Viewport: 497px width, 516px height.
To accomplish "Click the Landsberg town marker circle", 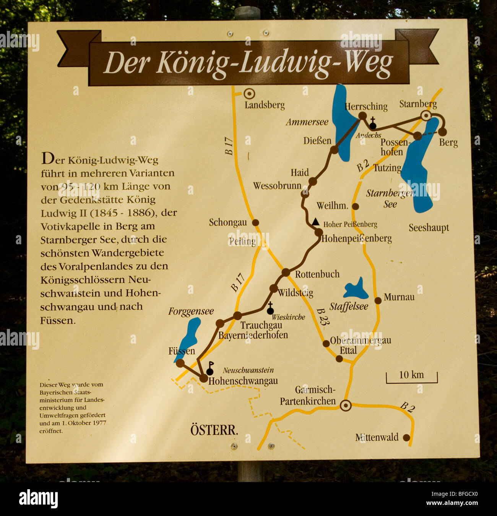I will pos(249,93).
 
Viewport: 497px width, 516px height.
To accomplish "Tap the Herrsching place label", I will pos(366,106).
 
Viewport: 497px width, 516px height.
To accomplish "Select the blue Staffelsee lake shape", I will pos(356,289).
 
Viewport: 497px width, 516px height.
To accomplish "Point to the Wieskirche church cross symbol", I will pos(270,308).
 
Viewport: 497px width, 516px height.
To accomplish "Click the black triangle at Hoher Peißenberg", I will pos(315,222).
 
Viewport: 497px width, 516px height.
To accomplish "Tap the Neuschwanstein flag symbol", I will pos(210,368).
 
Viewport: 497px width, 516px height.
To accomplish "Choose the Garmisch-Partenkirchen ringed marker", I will pos(346,406).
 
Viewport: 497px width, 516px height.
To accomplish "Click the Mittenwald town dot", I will pos(406,438).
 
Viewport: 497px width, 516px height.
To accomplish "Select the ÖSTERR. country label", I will pos(214,430).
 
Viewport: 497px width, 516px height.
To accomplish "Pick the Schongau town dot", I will pos(255,222).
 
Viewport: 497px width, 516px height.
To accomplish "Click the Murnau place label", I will pos(399,297).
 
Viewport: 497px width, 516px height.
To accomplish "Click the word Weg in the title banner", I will pos(369,63).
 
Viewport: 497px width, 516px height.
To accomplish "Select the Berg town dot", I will pos(442,132).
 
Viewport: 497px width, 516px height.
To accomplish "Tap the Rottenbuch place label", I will pos(317,274).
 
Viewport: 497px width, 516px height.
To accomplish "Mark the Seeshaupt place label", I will pos(429,228).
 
